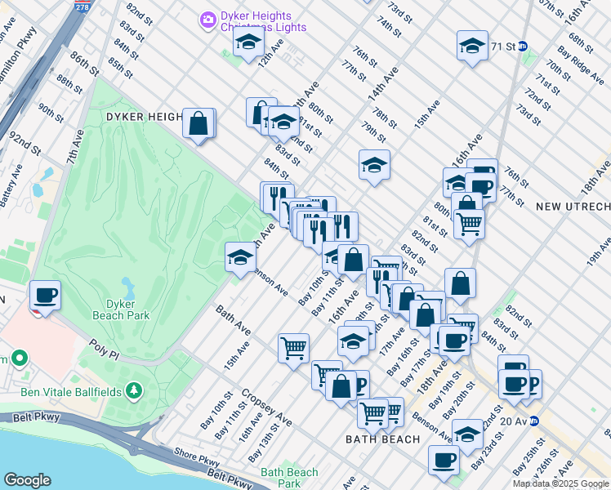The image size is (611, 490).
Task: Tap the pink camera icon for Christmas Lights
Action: click(208, 18)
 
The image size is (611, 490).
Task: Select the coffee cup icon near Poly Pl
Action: click(45, 295)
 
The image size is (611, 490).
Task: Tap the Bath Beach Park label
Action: click(289, 477)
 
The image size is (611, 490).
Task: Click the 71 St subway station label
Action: click(503, 46)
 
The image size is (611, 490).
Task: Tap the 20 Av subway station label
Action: click(512, 421)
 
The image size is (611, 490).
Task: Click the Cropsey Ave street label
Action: click(266, 407)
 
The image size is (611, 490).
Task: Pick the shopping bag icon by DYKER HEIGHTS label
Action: click(198, 123)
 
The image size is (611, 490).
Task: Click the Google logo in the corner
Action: click(27, 480)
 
